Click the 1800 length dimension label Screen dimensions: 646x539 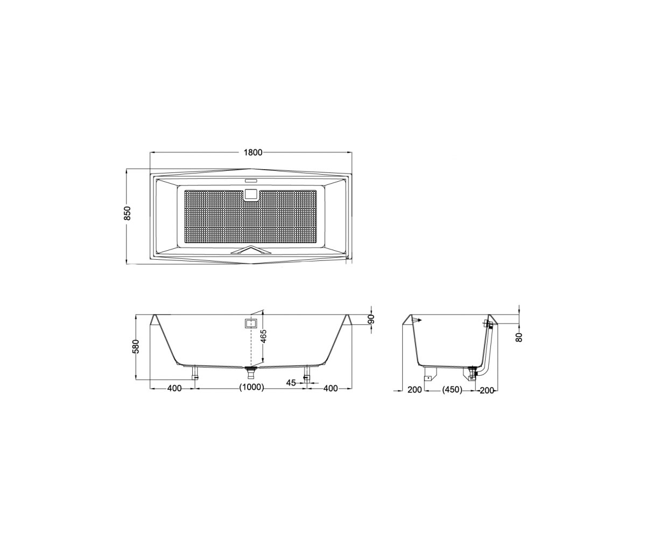(x=253, y=152)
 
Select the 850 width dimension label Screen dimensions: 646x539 (x=128, y=213)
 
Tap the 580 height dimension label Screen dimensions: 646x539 (x=136, y=347)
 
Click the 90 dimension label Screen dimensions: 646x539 (x=371, y=319)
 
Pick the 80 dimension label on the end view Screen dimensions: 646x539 (x=519, y=337)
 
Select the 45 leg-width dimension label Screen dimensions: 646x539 (x=291, y=383)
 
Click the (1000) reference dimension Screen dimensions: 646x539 (x=251, y=388)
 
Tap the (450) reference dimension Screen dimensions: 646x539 (x=452, y=389)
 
